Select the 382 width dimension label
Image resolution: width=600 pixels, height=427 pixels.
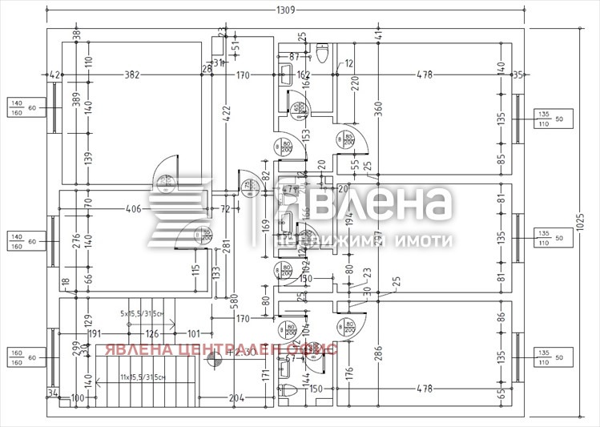tap(132, 75)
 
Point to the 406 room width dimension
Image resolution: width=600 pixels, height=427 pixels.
tap(133, 209)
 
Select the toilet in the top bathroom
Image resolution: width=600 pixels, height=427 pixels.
tap(324, 54)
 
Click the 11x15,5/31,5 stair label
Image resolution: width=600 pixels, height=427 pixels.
tap(143, 377)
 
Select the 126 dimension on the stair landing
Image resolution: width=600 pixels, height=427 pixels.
tap(151, 334)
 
